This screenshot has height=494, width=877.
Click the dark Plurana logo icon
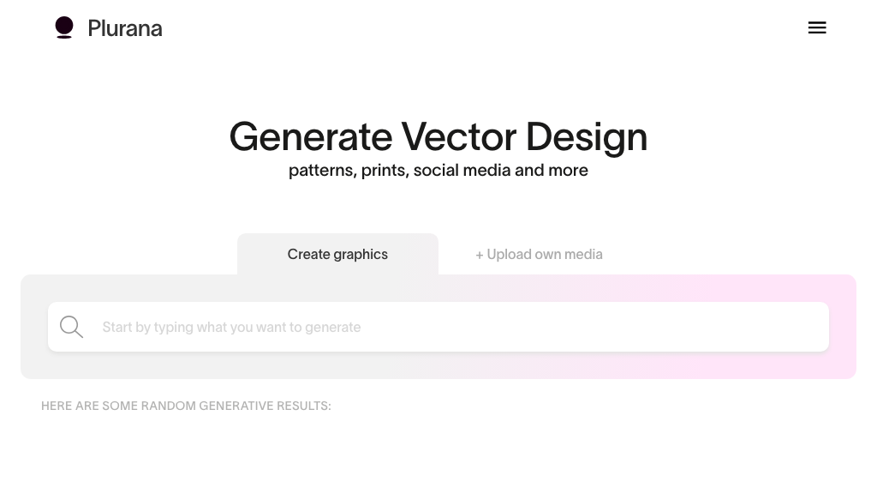click(64, 27)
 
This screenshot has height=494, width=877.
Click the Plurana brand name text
click(125, 28)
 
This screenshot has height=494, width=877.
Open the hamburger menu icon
click(817, 27)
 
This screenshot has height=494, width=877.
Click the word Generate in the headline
click(311, 137)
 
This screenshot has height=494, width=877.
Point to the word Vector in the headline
click(459, 136)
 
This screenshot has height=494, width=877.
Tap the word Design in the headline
click(587, 137)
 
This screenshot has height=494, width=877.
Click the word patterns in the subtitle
click(323, 171)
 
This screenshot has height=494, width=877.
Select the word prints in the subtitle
click(385, 171)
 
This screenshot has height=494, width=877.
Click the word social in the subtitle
click(436, 170)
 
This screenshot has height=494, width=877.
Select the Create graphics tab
click(337, 254)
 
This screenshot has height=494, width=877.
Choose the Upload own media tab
click(540, 254)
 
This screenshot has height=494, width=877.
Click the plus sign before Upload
click(480, 256)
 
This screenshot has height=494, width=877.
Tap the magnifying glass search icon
click(72, 327)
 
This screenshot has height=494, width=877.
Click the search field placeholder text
click(231, 327)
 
